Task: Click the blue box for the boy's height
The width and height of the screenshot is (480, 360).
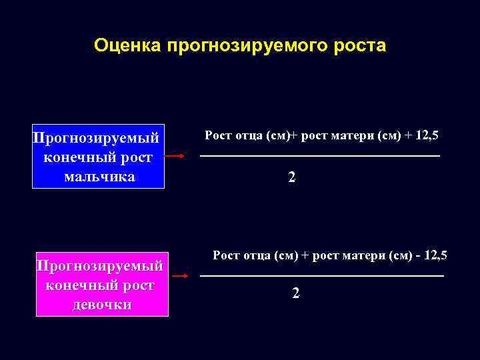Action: click(98, 157)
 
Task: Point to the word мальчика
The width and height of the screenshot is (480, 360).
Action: click(99, 177)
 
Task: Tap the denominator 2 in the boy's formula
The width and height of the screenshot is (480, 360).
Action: click(291, 178)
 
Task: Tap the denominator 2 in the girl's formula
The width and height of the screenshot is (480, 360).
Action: click(295, 293)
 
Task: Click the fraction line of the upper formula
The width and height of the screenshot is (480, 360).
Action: click(320, 156)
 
